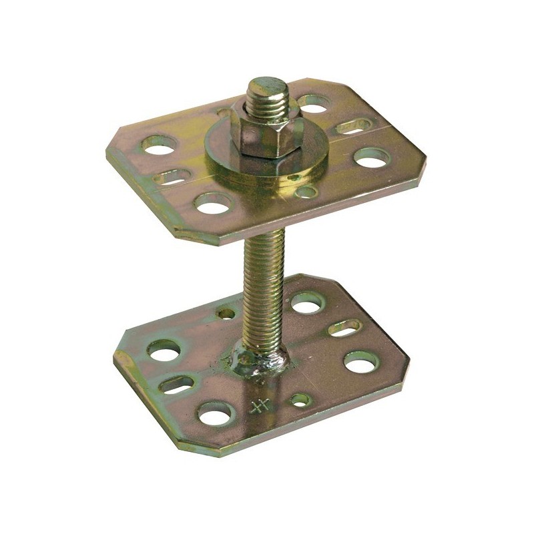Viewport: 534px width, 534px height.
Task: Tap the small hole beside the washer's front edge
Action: tap(306, 192)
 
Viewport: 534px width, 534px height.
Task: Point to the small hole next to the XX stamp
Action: tap(299, 400)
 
